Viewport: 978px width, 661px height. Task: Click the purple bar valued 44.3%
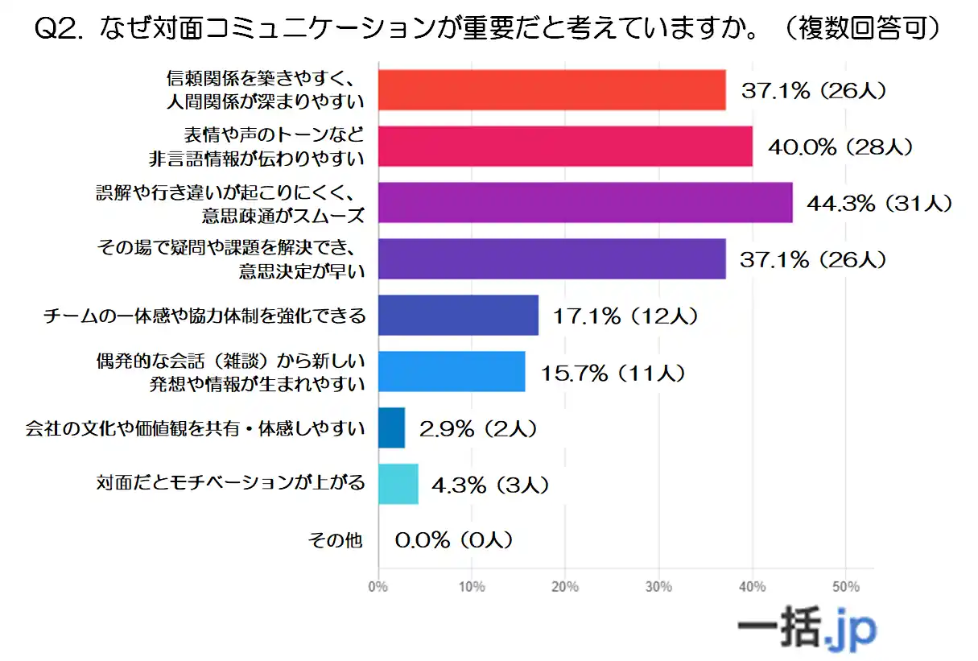pos(585,203)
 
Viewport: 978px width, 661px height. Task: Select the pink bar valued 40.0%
pos(565,147)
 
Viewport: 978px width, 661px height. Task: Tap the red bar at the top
pos(551,90)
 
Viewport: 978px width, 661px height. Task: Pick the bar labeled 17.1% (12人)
pos(458,315)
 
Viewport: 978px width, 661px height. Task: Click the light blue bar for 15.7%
pos(452,371)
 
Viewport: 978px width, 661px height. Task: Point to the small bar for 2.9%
pos(391,428)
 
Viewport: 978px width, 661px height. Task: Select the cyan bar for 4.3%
pos(398,484)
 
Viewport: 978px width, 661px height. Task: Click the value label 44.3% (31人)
pos(880,204)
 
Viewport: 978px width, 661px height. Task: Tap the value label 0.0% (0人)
pos(453,540)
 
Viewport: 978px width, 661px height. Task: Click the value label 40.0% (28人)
pos(840,147)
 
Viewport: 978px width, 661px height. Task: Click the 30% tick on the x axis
pos(658,587)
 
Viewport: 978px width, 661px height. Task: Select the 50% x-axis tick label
pos(845,587)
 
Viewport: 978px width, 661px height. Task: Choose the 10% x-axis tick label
pos(472,587)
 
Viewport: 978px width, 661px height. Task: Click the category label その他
pos(336,540)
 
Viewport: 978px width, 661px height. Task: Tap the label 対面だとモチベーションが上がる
pos(231,484)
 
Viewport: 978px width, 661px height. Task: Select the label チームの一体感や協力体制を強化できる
pos(204,316)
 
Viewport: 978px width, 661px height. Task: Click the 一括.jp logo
pos(807,629)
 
